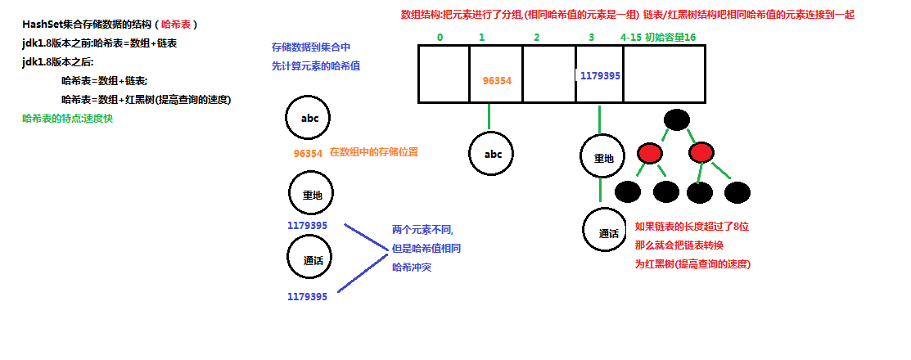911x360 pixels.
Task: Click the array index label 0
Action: coord(440,37)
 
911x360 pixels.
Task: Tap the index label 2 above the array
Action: coord(536,37)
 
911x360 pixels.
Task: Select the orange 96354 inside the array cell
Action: coord(497,80)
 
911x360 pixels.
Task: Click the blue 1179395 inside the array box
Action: coord(600,75)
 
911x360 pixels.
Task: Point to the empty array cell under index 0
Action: coord(444,74)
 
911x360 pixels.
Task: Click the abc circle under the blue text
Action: coord(309,119)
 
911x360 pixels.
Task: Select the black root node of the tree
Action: coord(676,119)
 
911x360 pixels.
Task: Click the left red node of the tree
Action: coord(650,153)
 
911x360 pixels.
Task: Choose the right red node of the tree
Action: coord(701,153)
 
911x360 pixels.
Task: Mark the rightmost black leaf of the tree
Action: coord(737,192)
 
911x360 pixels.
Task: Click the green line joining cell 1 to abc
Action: coord(489,116)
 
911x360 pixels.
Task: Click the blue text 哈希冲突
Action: coord(413,267)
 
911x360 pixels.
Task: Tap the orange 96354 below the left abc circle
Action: coord(308,153)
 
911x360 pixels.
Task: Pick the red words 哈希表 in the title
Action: coord(175,25)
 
